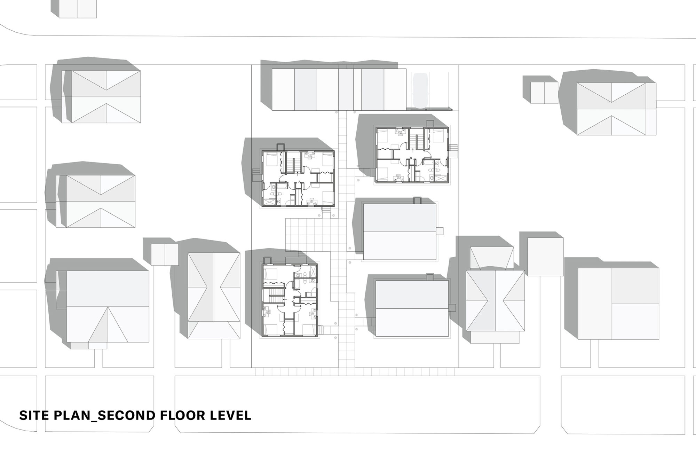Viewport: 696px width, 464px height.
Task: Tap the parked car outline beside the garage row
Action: (x=420, y=90)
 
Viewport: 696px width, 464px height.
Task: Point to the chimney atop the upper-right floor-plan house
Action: (x=430, y=124)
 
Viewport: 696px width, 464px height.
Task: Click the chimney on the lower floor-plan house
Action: (x=267, y=260)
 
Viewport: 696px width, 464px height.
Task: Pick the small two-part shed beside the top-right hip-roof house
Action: (x=544, y=93)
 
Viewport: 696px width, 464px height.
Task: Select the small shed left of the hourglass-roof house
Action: (x=165, y=254)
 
